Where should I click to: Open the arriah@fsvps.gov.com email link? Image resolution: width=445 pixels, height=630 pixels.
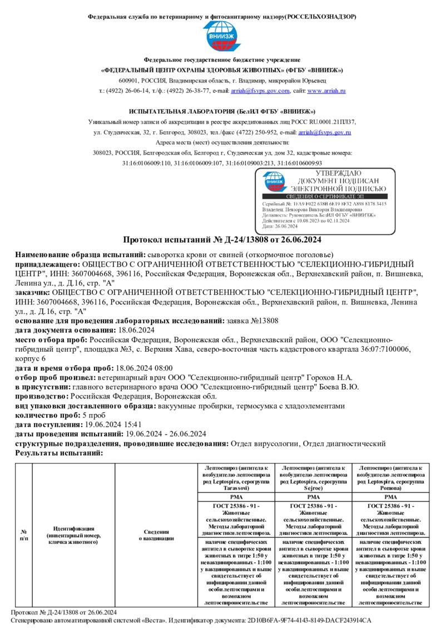[x=260, y=91]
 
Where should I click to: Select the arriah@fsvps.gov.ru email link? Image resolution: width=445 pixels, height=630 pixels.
[x=324, y=132]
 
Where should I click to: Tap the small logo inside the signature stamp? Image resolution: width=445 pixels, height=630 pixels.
[x=275, y=181]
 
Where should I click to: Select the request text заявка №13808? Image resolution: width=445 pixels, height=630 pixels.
[x=253, y=321]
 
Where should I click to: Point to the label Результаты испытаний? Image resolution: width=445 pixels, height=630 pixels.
[x=59, y=453]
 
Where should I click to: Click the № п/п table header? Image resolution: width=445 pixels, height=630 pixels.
[x=24, y=535]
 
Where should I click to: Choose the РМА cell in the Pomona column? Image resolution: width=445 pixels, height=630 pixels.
[x=391, y=496]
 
